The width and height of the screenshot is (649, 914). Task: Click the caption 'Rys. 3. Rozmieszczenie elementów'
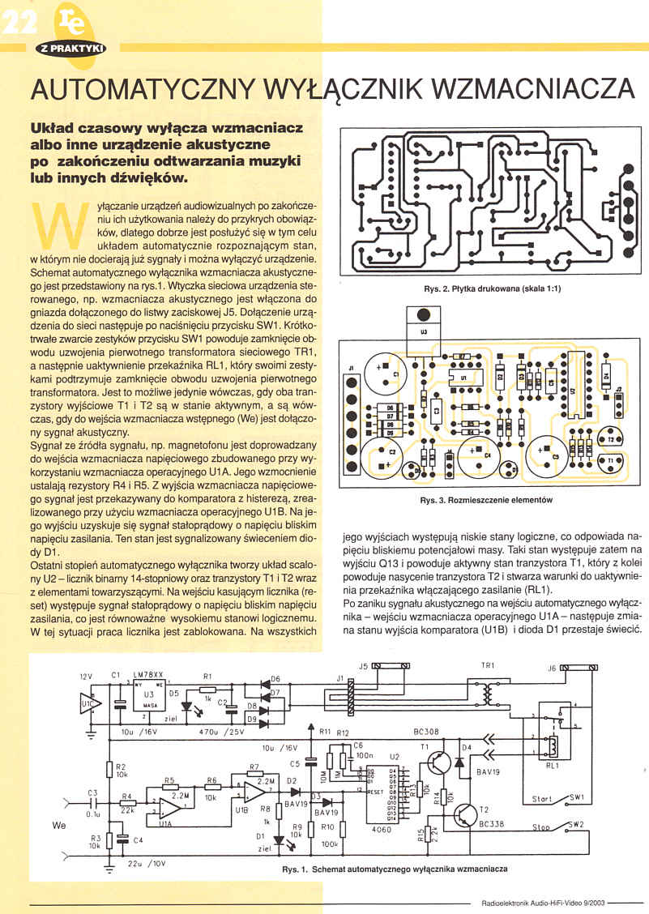[x=485, y=500]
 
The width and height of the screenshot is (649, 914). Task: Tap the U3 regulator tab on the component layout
[x=420, y=315]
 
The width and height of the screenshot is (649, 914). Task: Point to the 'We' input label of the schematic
[x=58, y=826]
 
